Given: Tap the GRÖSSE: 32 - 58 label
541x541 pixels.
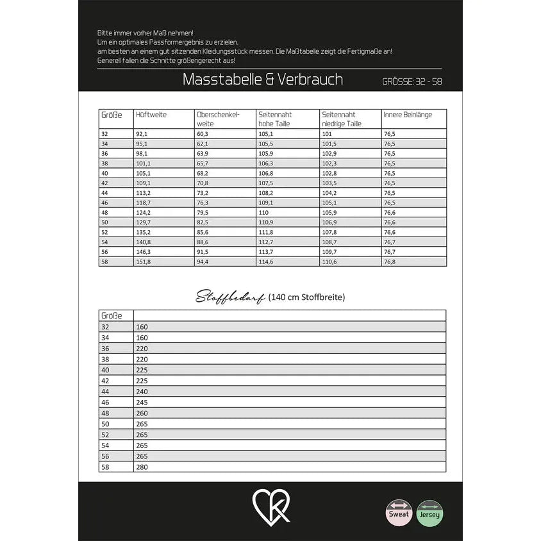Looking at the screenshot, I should (x=412, y=81).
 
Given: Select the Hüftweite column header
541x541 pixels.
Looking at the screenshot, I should (x=151, y=115).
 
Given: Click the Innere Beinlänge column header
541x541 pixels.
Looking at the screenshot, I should (x=408, y=115).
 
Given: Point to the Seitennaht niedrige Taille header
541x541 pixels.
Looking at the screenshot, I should (x=342, y=119).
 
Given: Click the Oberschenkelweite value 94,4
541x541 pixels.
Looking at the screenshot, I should (x=203, y=262).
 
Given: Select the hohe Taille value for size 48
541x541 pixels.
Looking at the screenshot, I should (x=263, y=212).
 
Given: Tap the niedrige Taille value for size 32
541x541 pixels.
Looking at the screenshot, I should (x=326, y=134).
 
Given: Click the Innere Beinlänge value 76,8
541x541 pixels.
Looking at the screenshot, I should (x=389, y=262).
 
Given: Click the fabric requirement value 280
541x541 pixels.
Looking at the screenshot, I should (x=142, y=467).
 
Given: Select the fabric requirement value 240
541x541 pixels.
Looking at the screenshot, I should (x=142, y=392).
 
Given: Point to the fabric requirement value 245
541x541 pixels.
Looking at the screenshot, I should (x=142, y=403).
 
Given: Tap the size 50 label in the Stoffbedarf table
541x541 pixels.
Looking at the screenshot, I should (x=105, y=424).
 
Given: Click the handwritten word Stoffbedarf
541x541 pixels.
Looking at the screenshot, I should (x=230, y=297).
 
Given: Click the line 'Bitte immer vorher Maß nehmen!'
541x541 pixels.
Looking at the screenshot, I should (x=145, y=33).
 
